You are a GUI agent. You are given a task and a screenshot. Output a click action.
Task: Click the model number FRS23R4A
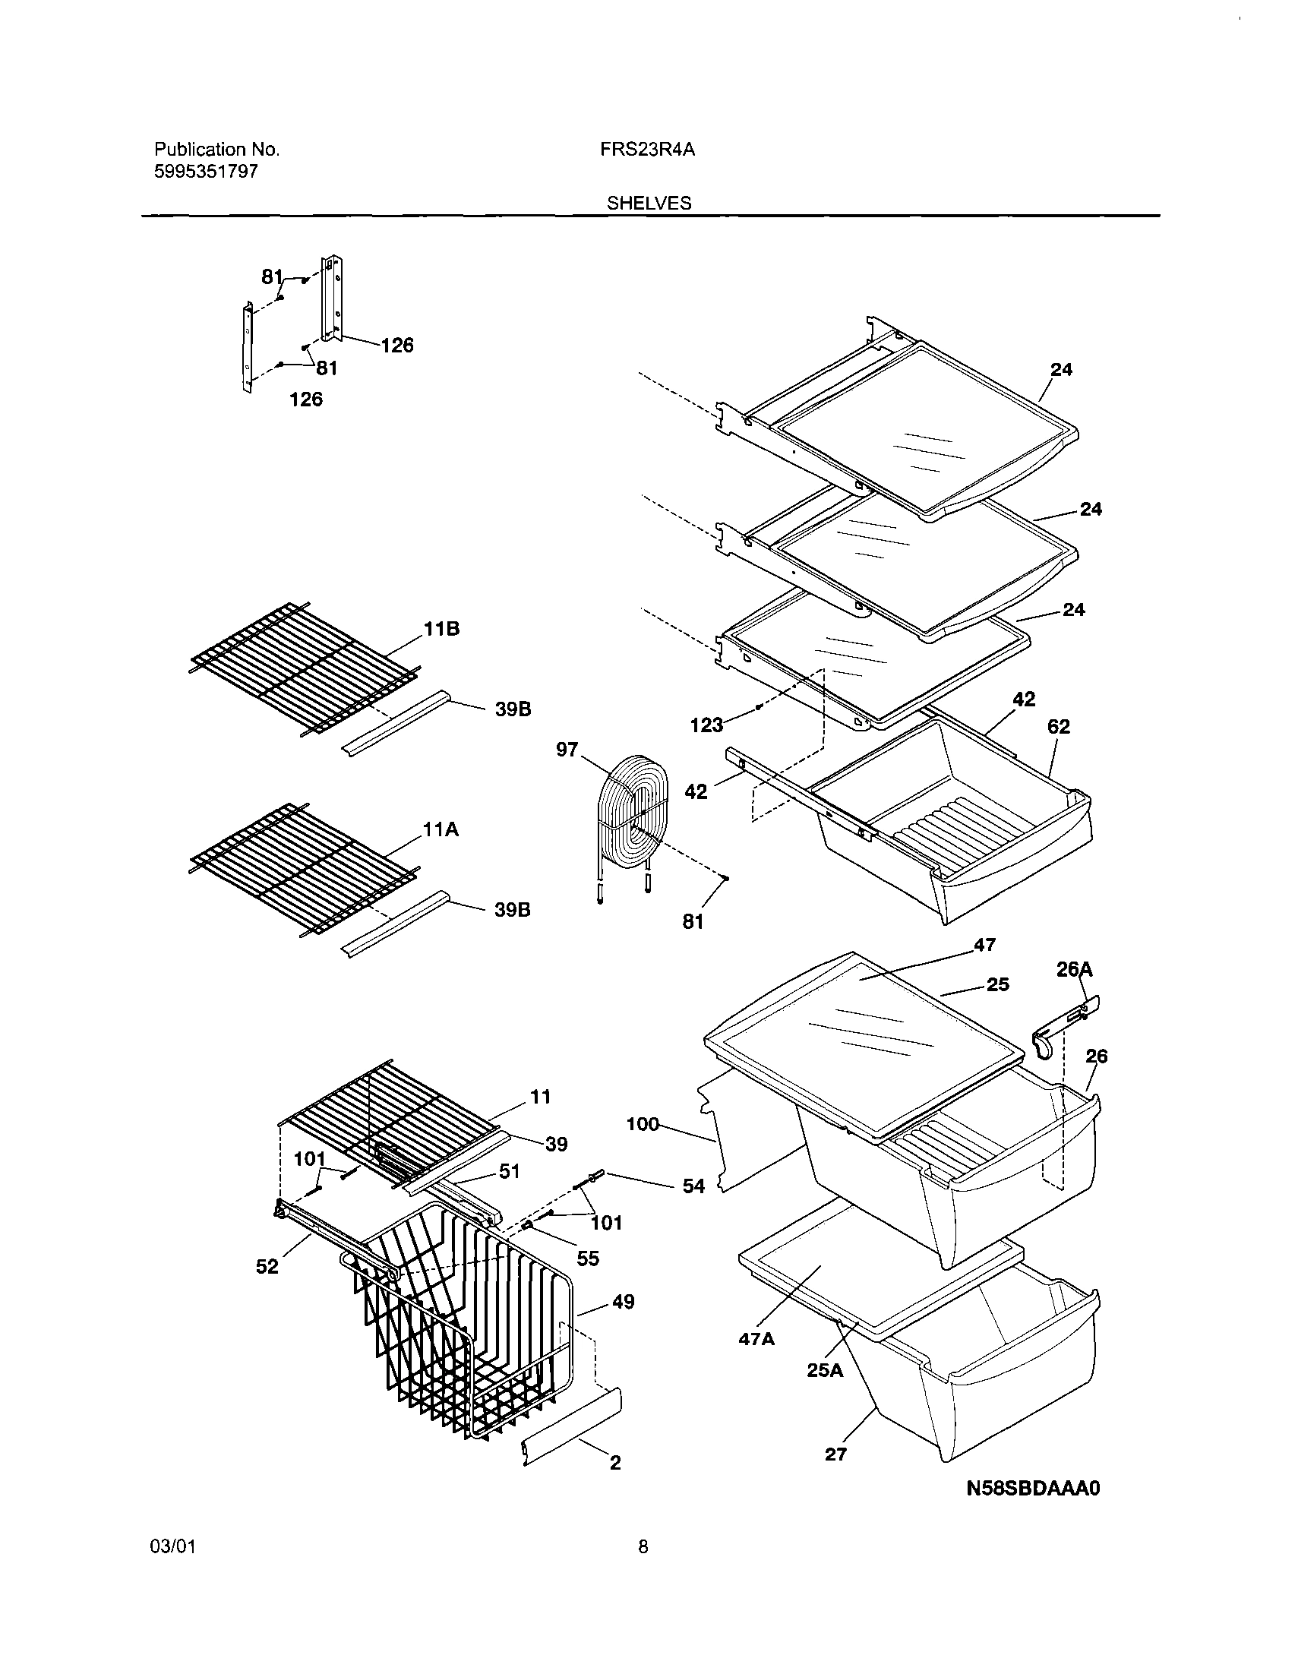(x=647, y=150)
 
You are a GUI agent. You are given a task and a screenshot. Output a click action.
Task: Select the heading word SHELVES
(x=649, y=204)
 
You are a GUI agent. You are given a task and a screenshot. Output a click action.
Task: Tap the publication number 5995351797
(x=205, y=170)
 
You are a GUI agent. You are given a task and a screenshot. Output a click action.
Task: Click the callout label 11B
(x=441, y=629)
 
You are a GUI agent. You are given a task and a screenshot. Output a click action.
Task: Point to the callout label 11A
(x=441, y=829)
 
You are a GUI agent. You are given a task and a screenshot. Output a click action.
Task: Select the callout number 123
(x=706, y=724)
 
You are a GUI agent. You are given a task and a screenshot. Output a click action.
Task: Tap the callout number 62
(x=1058, y=725)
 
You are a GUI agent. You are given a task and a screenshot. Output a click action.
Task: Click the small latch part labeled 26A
(x=1066, y=1024)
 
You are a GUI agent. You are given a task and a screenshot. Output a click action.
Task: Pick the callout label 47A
(x=756, y=1339)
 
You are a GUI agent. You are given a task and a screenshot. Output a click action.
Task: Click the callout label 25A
(x=825, y=1370)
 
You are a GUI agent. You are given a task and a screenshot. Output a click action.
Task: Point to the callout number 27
(x=835, y=1454)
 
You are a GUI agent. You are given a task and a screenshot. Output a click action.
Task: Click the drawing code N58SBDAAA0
(x=1033, y=1489)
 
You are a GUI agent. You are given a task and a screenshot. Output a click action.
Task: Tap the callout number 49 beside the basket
(x=623, y=1302)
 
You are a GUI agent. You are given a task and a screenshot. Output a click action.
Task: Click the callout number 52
(x=267, y=1267)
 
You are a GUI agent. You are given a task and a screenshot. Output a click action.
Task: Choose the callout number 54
(x=693, y=1186)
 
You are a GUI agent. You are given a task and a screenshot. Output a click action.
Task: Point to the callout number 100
(x=643, y=1124)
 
